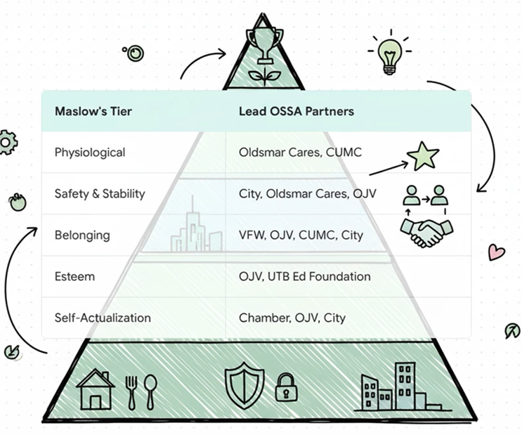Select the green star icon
(x=423, y=157)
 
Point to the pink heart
(x=497, y=251)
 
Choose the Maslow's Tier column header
(x=93, y=111)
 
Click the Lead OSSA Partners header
(x=296, y=111)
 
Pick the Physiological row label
(x=90, y=152)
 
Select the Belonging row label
(x=82, y=235)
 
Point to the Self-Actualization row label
(x=103, y=318)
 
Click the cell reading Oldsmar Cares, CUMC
(x=300, y=152)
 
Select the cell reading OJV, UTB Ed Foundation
(x=304, y=276)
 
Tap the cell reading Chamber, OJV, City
(x=292, y=318)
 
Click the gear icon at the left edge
(x=6, y=142)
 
